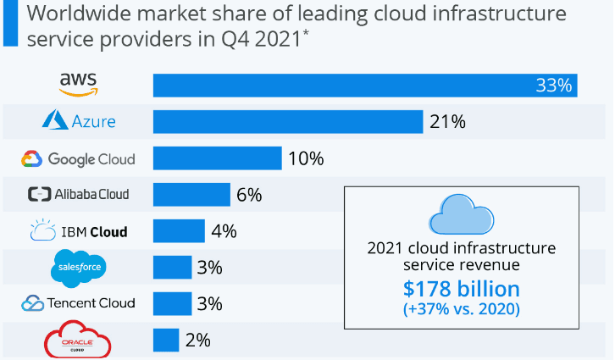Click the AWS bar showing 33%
click(x=364, y=85)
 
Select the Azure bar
click(x=287, y=122)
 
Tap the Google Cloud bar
click(x=217, y=158)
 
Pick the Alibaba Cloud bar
click(x=191, y=195)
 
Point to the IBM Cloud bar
click(x=179, y=231)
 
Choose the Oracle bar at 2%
click(x=165, y=341)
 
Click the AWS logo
click(x=79, y=83)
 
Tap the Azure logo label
click(x=79, y=121)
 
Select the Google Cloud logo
click(x=79, y=158)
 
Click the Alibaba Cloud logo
click(x=79, y=195)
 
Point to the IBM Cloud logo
click(x=79, y=231)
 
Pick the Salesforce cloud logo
click(x=80, y=268)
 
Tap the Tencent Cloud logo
click(x=79, y=303)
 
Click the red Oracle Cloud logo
click(x=78, y=341)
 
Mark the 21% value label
click(x=447, y=122)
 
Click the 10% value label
click(x=307, y=158)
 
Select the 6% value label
click(x=249, y=195)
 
